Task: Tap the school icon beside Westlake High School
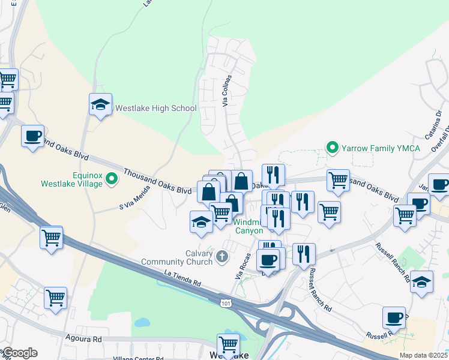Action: (x=101, y=105)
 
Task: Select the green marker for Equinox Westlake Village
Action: (x=110, y=178)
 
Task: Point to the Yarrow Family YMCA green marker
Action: (x=331, y=146)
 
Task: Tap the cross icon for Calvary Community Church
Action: (x=222, y=257)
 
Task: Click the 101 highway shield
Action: (x=226, y=304)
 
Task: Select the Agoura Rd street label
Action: (x=85, y=338)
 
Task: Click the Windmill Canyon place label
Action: (x=249, y=226)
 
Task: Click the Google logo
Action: (x=20, y=353)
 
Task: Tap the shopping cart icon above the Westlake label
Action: (x=229, y=344)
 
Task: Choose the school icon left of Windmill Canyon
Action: (x=201, y=222)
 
